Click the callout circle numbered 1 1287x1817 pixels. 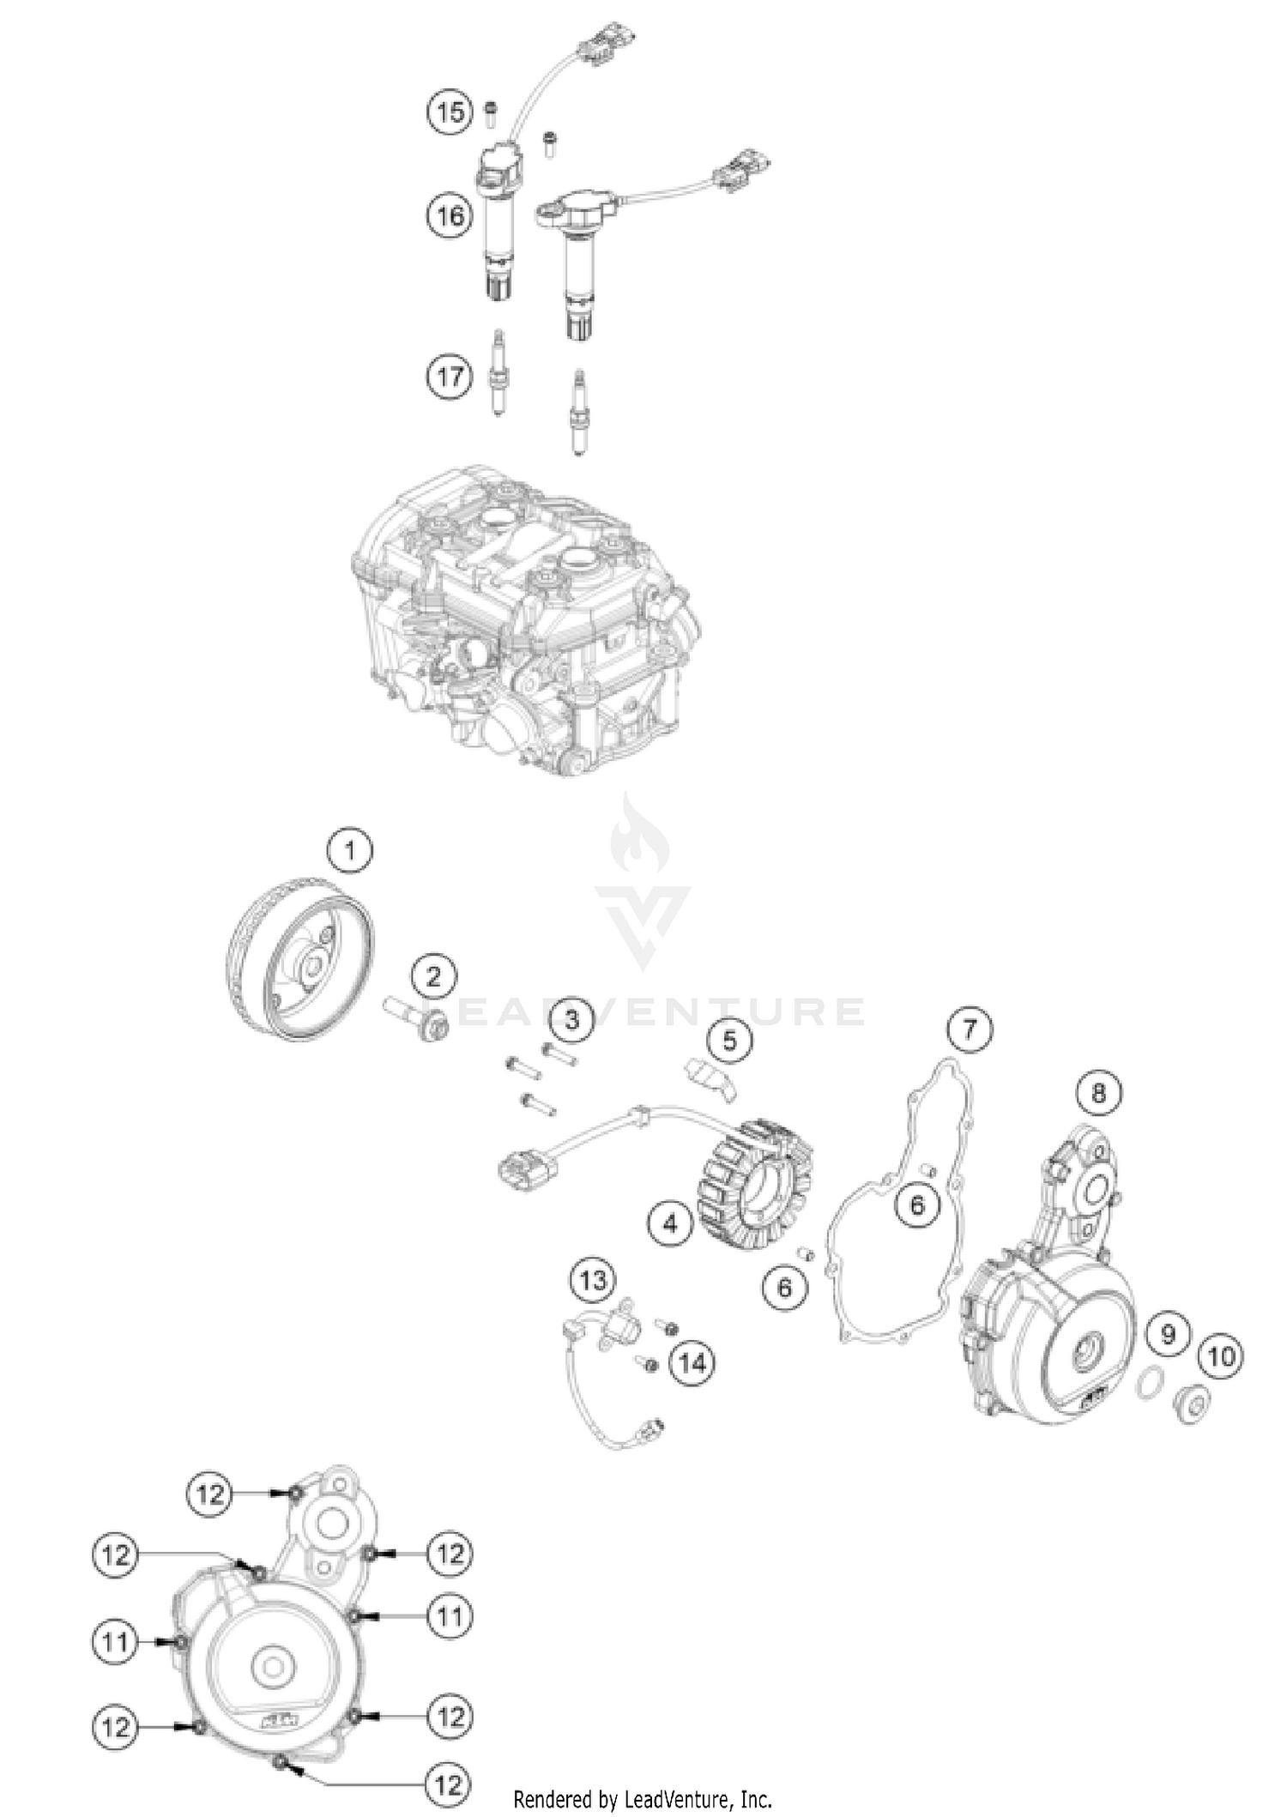click(x=349, y=851)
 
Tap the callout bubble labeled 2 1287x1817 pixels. click(x=433, y=977)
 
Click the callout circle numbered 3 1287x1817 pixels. click(x=571, y=1019)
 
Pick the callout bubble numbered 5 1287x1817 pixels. click(x=729, y=1041)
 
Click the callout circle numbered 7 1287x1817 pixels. click(x=970, y=1029)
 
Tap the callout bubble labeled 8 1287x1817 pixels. click(x=1099, y=1093)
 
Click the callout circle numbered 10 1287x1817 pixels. click(x=1221, y=1356)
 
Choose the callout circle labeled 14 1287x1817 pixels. click(x=692, y=1361)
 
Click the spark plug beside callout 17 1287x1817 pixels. click(x=496, y=374)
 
